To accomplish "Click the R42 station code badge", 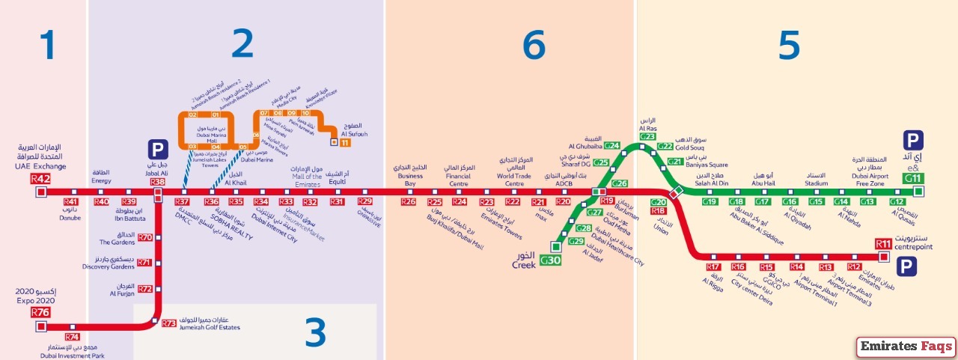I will pyautogui.click(x=40, y=179).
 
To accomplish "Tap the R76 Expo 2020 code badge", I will pyautogui.click(x=40, y=312).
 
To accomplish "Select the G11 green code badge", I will pyautogui.click(x=914, y=178).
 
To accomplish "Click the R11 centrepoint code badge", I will pyautogui.click(x=883, y=244).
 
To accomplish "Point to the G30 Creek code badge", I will pyautogui.click(x=550, y=260).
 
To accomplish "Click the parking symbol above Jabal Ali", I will pyautogui.click(x=157, y=149).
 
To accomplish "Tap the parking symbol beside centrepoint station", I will pyautogui.click(x=908, y=266).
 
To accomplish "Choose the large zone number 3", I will pyautogui.click(x=315, y=334).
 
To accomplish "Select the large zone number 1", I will pyautogui.click(x=48, y=46).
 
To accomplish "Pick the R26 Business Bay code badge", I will pyautogui.click(x=408, y=202).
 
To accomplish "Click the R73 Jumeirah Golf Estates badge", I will pyautogui.click(x=169, y=323).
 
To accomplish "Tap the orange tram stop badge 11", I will pyautogui.click(x=345, y=142).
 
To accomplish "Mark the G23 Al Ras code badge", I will pyautogui.click(x=647, y=136).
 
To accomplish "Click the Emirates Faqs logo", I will pyautogui.click(x=906, y=347).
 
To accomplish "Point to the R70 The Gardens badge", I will pyautogui.click(x=145, y=238).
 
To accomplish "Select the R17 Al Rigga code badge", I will pyautogui.click(x=713, y=267).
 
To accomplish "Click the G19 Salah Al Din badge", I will pyautogui.click(x=710, y=202).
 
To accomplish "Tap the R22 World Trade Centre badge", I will pyautogui.click(x=512, y=202).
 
